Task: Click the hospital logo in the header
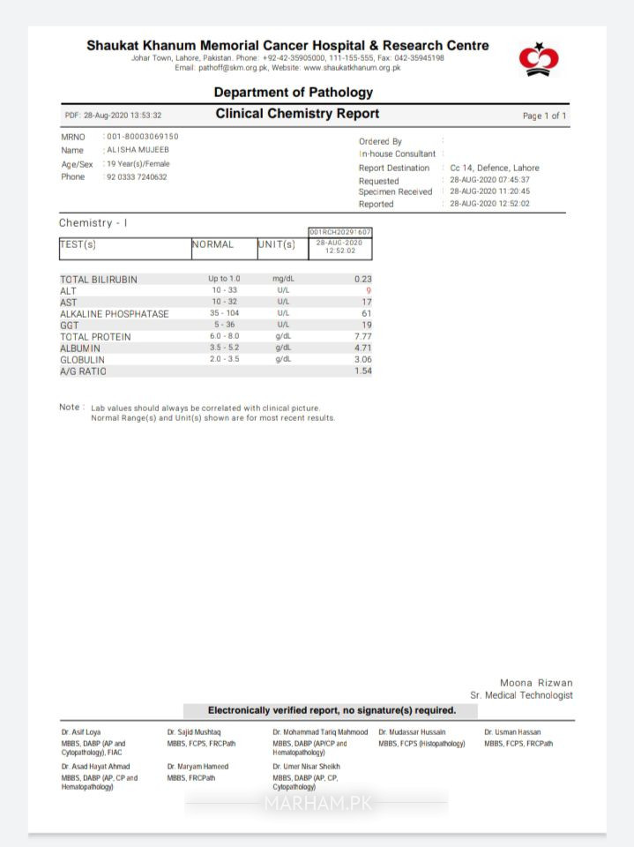(539, 59)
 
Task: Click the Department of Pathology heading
(293, 92)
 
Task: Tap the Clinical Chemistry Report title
(297, 114)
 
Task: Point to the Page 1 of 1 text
(544, 116)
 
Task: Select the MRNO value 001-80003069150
(143, 137)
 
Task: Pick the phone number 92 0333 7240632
(138, 176)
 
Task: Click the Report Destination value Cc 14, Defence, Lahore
(494, 168)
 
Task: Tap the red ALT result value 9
(369, 290)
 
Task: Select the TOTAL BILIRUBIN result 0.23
(362, 279)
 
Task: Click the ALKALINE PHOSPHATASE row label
(114, 313)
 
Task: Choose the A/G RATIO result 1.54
(362, 371)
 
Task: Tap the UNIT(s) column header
(277, 244)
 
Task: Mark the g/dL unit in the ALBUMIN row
(283, 348)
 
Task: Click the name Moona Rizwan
(536, 683)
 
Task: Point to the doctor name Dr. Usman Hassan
(512, 732)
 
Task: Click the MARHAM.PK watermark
(317, 804)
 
